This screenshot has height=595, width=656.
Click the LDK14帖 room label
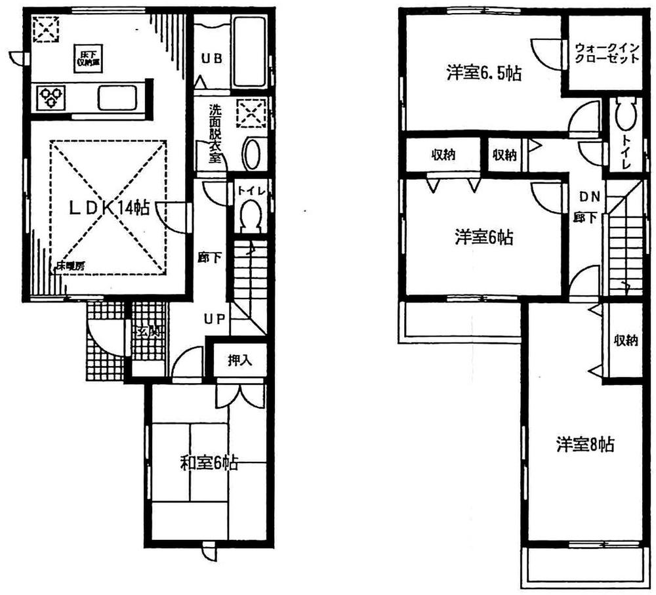tap(109, 208)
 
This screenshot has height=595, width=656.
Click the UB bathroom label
tap(211, 58)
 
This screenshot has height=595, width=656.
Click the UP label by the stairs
tap(214, 319)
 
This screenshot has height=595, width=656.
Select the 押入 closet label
tap(237, 359)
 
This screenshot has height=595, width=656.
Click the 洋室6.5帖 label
tap(484, 74)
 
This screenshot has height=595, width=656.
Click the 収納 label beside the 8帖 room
tap(625, 340)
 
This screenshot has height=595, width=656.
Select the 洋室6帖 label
tap(484, 237)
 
